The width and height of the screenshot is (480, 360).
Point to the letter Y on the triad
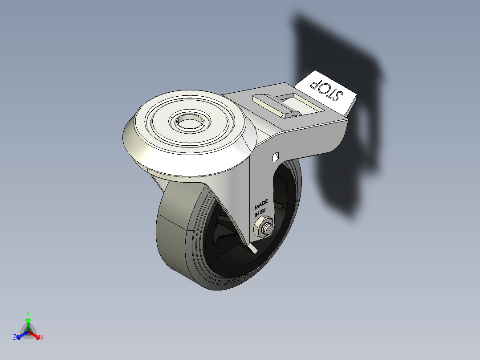click(28, 313)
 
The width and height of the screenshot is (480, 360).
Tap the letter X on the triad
click(42, 338)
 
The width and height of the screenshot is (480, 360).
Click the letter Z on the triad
click(15, 338)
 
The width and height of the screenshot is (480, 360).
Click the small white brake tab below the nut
click(253, 246)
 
